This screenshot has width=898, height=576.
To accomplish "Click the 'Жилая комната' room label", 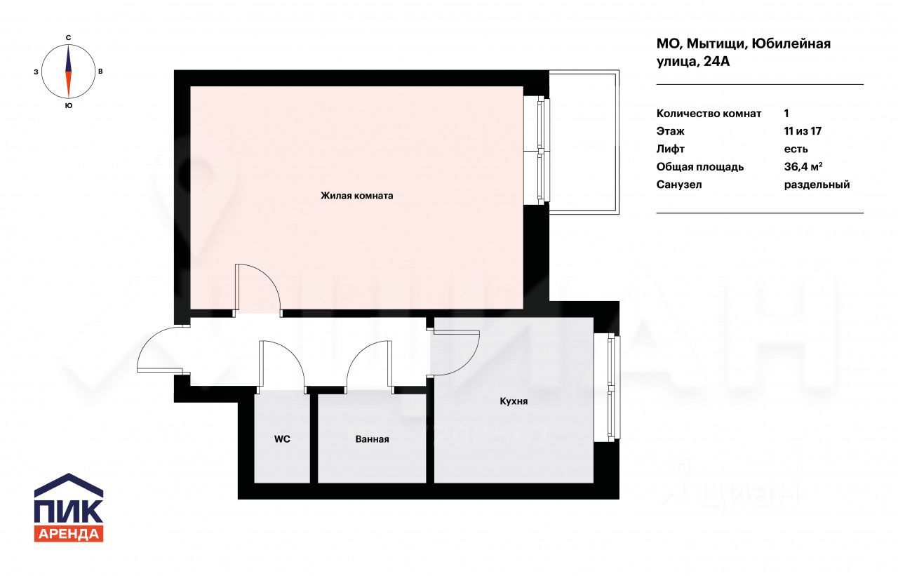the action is [x=357, y=196].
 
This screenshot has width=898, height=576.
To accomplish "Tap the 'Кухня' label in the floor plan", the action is [x=514, y=401].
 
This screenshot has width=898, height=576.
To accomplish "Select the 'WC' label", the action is [x=282, y=439].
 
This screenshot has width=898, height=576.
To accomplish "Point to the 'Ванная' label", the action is [x=372, y=439].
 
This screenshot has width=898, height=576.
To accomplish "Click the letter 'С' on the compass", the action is [x=69, y=38].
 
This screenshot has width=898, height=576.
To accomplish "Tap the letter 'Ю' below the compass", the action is [x=69, y=105].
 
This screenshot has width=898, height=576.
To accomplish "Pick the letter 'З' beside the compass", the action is [x=36, y=72].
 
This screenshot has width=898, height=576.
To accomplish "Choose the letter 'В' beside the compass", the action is [x=100, y=72].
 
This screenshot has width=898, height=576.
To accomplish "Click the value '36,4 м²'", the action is [x=803, y=167].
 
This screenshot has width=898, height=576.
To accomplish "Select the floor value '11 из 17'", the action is [x=803, y=131].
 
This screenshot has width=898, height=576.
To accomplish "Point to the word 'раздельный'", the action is [x=817, y=185].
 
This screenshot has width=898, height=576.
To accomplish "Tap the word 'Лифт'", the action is [x=670, y=149].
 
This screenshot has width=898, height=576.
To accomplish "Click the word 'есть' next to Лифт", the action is [x=796, y=149].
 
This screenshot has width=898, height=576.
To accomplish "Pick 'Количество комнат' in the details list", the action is [x=709, y=114].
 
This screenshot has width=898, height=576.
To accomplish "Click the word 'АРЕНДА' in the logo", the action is [x=69, y=534].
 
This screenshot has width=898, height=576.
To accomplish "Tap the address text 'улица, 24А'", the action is [x=692, y=62].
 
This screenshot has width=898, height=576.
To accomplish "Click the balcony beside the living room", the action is [x=584, y=142].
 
